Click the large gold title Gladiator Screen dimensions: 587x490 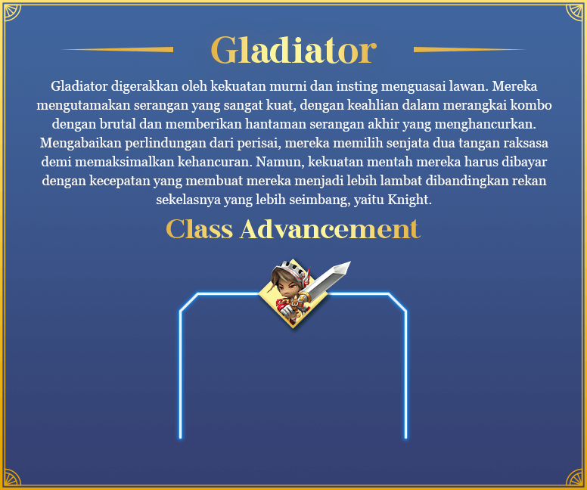tap(293, 50)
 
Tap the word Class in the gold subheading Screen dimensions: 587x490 tap(199, 229)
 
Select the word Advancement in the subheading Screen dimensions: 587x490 tap(330, 229)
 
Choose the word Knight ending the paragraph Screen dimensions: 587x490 tap(409, 200)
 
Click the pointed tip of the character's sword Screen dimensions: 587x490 tap(350, 262)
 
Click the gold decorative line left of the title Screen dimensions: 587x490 tap(117, 49)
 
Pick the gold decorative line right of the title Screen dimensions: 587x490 tap(470, 49)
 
